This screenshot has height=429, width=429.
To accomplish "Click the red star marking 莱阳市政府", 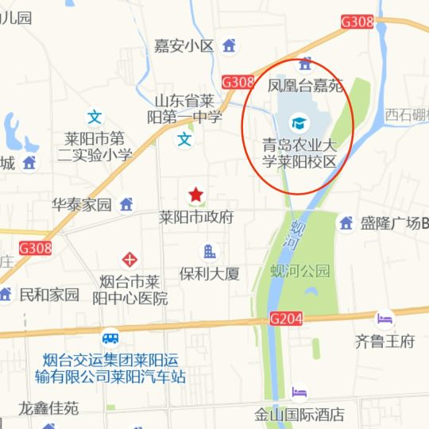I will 195,195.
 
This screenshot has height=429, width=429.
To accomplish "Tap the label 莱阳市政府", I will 196,216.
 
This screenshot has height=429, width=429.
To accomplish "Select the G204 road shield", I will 286,319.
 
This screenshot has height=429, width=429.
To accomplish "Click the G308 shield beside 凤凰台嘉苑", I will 238,82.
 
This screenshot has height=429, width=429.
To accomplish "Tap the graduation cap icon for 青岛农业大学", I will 299,123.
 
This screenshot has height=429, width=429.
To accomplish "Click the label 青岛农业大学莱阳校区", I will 300,153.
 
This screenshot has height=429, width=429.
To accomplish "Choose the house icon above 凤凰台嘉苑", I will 303,64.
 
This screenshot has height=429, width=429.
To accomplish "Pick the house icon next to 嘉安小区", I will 230,45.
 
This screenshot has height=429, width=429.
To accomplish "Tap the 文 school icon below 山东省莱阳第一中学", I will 184,140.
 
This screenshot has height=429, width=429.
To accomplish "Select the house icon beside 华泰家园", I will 126,204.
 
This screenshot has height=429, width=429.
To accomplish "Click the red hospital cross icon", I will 129,259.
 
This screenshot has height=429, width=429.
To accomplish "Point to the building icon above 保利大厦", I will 210,253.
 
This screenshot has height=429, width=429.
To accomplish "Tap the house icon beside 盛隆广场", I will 346,223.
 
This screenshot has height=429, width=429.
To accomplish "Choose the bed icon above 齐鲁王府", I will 385,320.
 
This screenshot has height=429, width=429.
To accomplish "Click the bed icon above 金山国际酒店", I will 299,392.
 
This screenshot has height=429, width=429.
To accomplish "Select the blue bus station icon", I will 110,338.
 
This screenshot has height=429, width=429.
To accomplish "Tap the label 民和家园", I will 49,295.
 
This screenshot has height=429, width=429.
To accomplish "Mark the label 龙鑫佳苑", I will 49,408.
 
